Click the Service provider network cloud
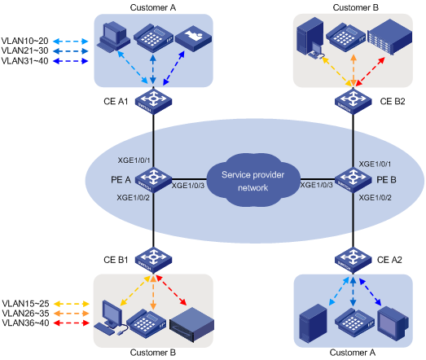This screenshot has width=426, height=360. [248, 178]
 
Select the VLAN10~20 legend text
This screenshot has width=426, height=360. [24, 39]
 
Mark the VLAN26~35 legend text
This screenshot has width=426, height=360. [24, 313]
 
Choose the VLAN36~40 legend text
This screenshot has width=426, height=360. [24, 323]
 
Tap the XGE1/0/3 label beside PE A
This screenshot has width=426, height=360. [189, 186]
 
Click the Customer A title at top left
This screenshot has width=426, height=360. [153, 7]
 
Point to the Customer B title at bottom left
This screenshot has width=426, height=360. [153, 353]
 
